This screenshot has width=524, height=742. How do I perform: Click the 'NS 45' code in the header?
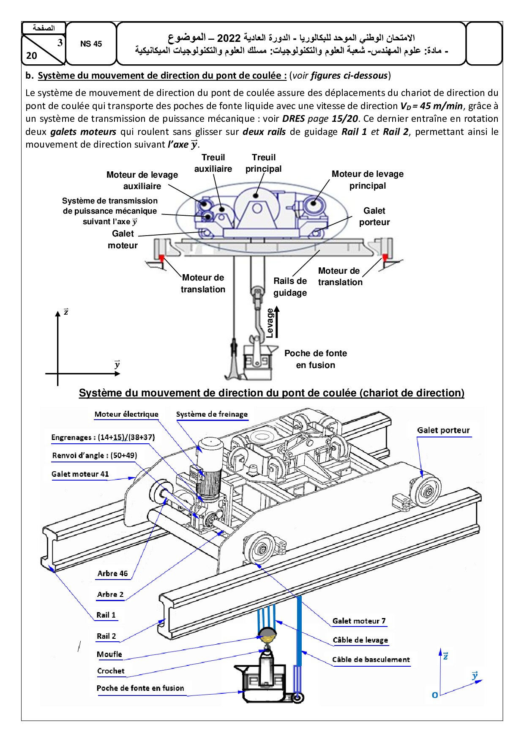(91, 44)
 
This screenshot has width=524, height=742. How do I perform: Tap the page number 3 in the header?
(60, 43)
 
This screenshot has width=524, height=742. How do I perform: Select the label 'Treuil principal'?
(264, 163)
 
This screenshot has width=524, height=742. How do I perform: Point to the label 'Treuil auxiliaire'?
(213, 163)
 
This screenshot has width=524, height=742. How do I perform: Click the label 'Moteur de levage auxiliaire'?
(142, 180)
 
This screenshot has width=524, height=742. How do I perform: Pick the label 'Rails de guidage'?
(290, 287)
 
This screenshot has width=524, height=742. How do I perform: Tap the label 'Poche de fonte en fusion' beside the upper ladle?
(315, 359)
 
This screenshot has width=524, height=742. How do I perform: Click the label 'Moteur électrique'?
(126, 415)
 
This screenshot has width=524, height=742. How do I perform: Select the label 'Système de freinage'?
(212, 415)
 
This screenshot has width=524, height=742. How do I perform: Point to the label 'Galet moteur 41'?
(80, 474)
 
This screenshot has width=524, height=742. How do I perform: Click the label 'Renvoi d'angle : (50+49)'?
(95, 456)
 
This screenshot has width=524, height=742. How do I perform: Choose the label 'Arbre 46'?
(112, 574)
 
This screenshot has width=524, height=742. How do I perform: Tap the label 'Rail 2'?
(106, 636)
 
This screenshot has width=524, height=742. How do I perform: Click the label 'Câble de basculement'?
(371, 660)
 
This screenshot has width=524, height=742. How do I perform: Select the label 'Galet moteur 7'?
(359, 621)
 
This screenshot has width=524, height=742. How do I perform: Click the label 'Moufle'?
(109, 654)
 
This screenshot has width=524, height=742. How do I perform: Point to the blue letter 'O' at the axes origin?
(435, 695)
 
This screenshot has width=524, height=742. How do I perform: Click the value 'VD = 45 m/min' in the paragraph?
(431, 106)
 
